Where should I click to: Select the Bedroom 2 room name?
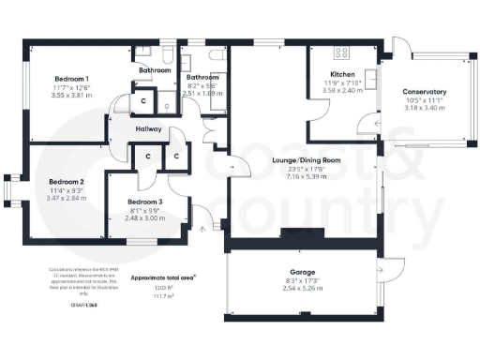tap(67, 181)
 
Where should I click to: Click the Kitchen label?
tap(342, 74)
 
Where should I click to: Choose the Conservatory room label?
tap(424, 92)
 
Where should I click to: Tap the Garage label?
tap(302, 271)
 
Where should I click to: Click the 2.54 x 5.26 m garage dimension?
tap(302, 288)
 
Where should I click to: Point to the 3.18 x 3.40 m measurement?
tap(424, 108)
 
